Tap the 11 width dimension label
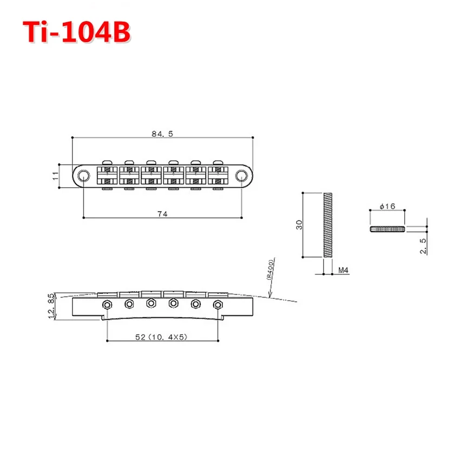coord(55,176)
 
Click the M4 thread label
coord(343,269)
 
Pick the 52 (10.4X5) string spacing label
coord(161,336)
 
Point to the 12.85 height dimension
coord(51,306)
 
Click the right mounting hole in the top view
coord(241,175)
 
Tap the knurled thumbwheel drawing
coord(387,229)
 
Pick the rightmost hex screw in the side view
coord(218,304)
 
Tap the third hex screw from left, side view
coord(152,303)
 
